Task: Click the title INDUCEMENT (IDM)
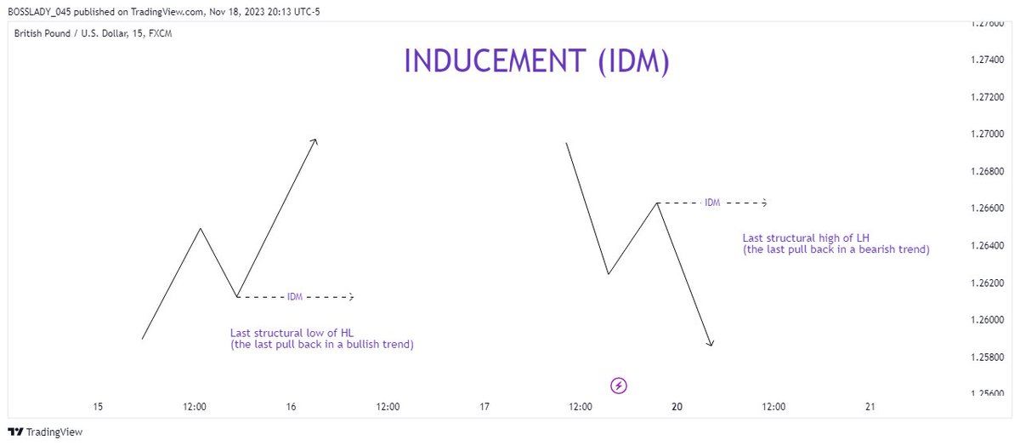click(x=536, y=62)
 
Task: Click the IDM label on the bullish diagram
click(x=295, y=297)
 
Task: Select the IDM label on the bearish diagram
click(x=712, y=203)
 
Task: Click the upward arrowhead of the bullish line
click(x=315, y=140)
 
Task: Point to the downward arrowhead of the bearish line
click(x=711, y=344)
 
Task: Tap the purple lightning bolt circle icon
click(x=619, y=386)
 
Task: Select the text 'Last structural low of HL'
click(x=288, y=332)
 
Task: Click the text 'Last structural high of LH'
click(x=806, y=237)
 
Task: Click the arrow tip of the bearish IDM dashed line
click(x=766, y=203)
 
